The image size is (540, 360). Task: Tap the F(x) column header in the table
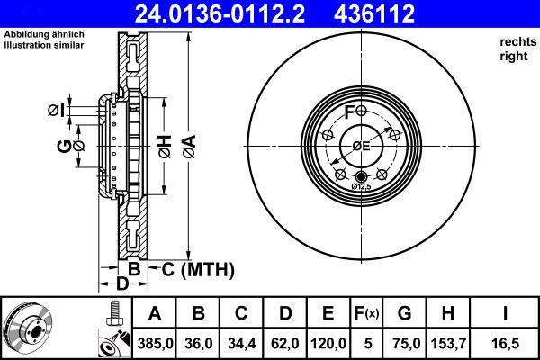click(x=367, y=313)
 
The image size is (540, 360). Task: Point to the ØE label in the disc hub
click(x=361, y=147)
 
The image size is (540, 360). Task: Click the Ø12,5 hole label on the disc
click(x=361, y=185)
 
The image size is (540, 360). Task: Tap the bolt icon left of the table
click(x=113, y=312)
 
